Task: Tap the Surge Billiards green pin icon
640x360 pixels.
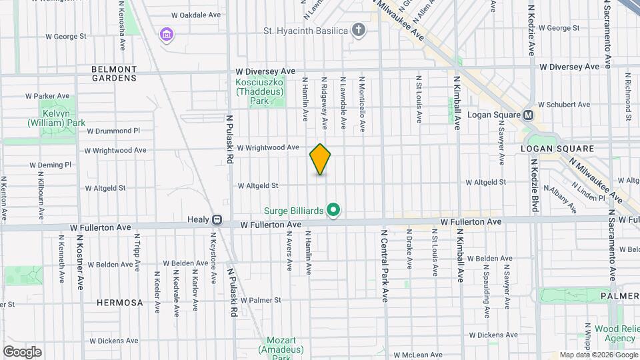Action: (x=334, y=211)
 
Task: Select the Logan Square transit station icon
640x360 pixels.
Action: (x=529, y=115)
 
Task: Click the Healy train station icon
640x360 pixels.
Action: (x=217, y=219)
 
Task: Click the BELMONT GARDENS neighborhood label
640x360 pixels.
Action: (x=114, y=73)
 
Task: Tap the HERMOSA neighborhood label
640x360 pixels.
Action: (x=119, y=303)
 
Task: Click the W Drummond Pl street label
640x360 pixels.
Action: (x=113, y=131)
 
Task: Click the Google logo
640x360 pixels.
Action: (x=22, y=351)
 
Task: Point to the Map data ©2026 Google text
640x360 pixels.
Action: (x=597, y=355)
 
